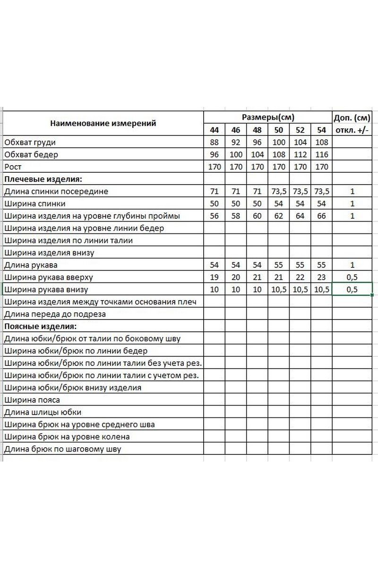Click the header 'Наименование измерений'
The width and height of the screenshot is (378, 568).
(x=103, y=124)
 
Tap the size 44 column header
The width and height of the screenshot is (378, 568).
(x=215, y=130)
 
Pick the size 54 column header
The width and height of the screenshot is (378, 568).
(x=322, y=130)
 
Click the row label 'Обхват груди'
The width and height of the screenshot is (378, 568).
(x=33, y=142)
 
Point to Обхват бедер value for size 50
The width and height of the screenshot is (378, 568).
(x=279, y=154)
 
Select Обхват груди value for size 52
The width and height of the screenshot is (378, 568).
(x=301, y=142)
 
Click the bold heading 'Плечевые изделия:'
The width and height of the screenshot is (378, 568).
(x=43, y=179)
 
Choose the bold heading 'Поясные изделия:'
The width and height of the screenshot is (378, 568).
(x=40, y=327)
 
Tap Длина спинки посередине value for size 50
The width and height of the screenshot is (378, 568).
(x=279, y=191)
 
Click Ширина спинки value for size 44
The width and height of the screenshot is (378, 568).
(x=215, y=204)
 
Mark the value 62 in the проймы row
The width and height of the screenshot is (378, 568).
(x=279, y=216)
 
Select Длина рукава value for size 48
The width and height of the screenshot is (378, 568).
(x=257, y=265)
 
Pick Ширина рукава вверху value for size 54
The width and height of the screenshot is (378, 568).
(x=322, y=277)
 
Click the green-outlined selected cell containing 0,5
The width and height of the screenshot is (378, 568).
(x=352, y=290)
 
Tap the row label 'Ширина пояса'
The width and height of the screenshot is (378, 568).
(x=32, y=400)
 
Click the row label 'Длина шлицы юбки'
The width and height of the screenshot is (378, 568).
(x=42, y=413)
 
